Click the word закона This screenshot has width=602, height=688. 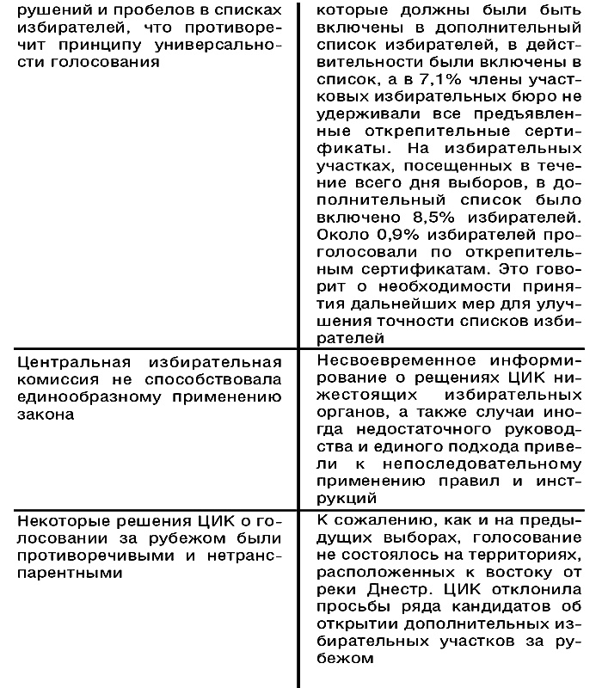46,414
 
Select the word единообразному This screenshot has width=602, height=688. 86,396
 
